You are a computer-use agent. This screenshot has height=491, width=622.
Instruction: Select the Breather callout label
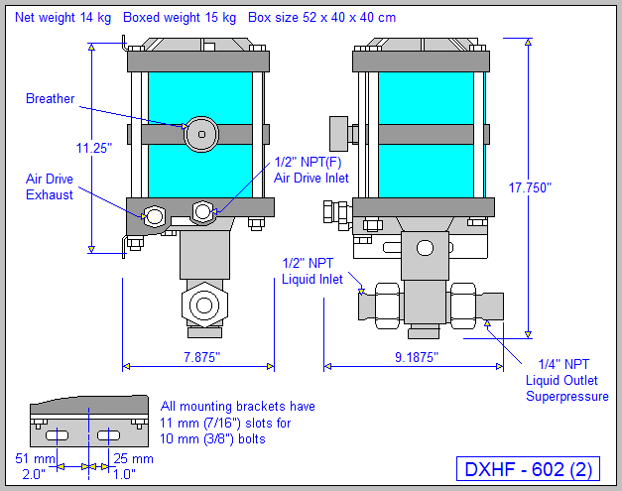click(x=50, y=98)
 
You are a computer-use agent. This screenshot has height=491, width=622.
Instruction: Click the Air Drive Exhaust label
click(x=50, y=186)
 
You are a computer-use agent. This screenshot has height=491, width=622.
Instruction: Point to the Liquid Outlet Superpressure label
click(x=566, y=380)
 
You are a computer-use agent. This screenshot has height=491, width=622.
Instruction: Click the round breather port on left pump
click(x=201, y=133)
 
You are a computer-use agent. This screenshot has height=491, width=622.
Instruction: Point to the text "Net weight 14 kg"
click(x=63, y=18)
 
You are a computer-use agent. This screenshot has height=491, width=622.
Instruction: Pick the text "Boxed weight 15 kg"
click(x=180, y=18)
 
